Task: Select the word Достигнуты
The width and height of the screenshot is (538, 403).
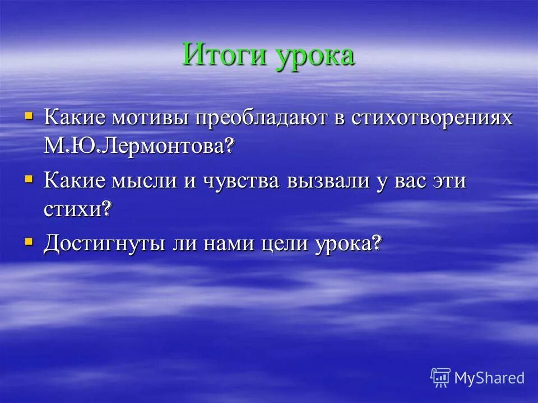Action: [104, 244]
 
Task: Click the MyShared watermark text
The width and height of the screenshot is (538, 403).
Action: [489, 377]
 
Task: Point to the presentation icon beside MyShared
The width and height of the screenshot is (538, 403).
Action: [440, 377]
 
